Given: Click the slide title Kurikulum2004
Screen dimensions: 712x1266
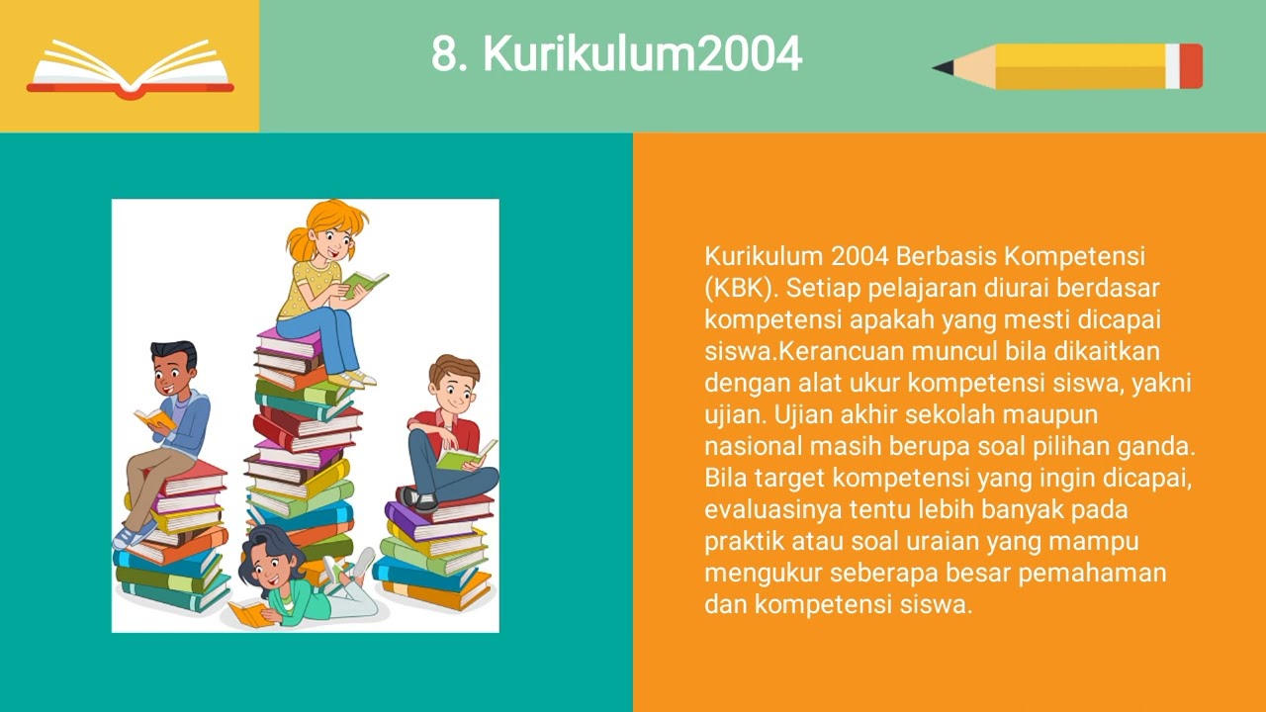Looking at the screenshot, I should click(616, 55).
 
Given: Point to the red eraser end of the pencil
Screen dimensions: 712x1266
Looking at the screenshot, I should click(1191, 66).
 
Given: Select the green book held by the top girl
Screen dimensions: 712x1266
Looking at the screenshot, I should click(365, 283).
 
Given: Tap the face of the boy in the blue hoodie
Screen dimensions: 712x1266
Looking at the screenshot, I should click(173, 375).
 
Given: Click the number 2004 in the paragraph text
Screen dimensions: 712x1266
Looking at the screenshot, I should click(859, 257).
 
